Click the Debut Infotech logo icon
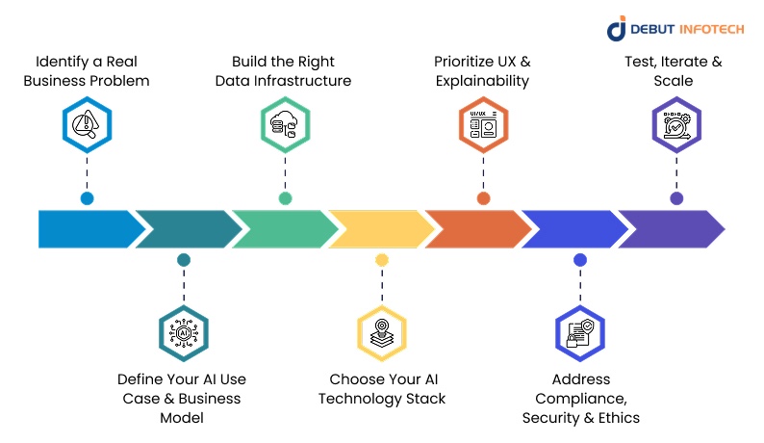coord(617,29)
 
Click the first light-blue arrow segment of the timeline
coord(87,229)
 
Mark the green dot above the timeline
coord(285,198)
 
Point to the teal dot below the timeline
coord(183,260)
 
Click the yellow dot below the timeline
coord(382,260)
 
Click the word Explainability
coord(481,81)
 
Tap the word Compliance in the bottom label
coord(580,399)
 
